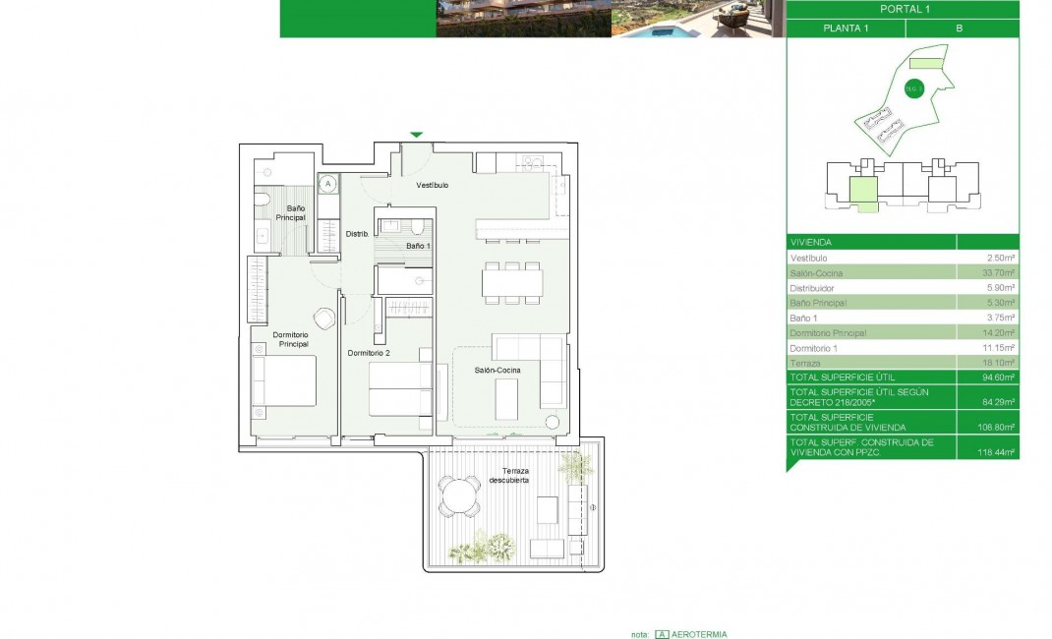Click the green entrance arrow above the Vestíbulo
pyautogui.click(x=416, y=135)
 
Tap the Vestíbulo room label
pyautogui.click(x=432, y=185)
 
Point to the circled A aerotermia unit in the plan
pyautogui.click(x=328, y=184)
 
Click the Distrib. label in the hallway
pyautogui.click(x=356, y=234)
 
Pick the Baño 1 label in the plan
pyautogui.click(x=418, y=245)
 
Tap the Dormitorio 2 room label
pyautogui.click(x=369, y=353)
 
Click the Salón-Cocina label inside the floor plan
pyautogui.click(x=497, y=370)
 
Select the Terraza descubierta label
pyautogui.click(x=509, y=476)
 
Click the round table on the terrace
pyautogui.click(x=457, y=496)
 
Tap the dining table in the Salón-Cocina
pyautogui.click(x=511, y=283)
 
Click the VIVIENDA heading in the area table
pyautogui.click(x=811, y=242)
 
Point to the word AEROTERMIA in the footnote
pyautogui.click(x=700, y=634)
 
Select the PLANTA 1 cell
pyautogui.click(x=845, y=29)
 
